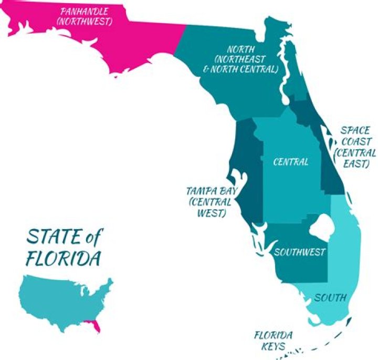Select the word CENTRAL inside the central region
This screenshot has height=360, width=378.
(291, 162)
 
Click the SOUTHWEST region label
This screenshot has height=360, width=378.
(300, 252)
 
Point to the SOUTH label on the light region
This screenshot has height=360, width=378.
(330, 298)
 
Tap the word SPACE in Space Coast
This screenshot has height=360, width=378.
(355, 130)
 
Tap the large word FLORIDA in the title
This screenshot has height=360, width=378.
(64, 259)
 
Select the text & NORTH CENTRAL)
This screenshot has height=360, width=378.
(244, 69)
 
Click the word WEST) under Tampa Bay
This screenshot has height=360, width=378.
(212, 214)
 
